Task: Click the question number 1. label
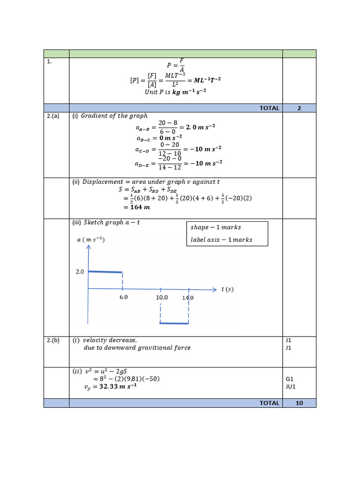(49, 61)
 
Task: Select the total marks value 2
(299, 108)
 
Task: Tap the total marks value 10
(299, 403)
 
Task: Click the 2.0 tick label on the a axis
(80, 271)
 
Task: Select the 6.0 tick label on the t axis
(123, 297)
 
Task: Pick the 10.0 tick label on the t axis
(162, 297)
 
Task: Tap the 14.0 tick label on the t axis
(188, 298)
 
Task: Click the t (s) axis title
(227, 289)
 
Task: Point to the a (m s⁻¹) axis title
(90, 240)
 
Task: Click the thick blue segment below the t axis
(174, 323)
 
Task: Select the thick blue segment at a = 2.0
(105, 272)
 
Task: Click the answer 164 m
(140, 207)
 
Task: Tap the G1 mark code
(289, 379)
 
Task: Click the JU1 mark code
(291, 387)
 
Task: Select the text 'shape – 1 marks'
(216, 227)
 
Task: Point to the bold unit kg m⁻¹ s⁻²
(189, 92)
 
